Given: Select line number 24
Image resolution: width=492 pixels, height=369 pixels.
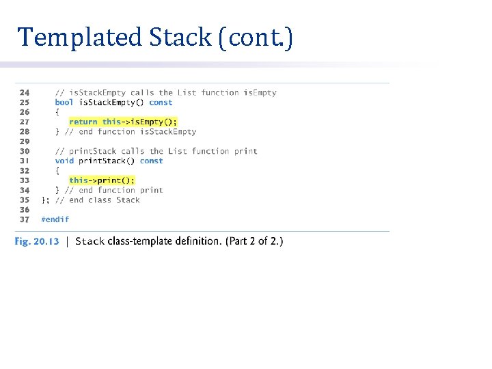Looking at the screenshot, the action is (25, 93).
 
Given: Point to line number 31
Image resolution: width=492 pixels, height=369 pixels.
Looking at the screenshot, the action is (25, 161).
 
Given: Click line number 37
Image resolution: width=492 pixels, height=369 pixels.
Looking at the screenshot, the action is (25, 219).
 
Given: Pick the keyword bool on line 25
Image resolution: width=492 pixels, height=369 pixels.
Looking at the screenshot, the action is (64, 102).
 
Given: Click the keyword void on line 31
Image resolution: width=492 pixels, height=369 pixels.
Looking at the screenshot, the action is (64, 161).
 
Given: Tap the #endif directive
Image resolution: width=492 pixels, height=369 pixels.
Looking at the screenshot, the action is (55, 219).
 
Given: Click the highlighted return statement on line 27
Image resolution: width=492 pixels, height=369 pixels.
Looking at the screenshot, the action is (122, 122).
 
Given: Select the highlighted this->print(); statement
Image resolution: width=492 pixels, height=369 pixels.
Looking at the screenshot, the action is (102, 180).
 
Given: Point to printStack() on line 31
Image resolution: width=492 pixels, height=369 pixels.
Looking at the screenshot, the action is (107, 161).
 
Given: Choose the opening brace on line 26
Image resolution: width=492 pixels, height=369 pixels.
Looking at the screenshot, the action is (57, 112).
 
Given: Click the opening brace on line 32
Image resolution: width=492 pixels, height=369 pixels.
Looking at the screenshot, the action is (57, 171).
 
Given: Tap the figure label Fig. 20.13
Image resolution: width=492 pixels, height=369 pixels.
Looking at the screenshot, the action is (37, 241).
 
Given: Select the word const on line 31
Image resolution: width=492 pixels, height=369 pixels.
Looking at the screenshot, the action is (151, 161).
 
